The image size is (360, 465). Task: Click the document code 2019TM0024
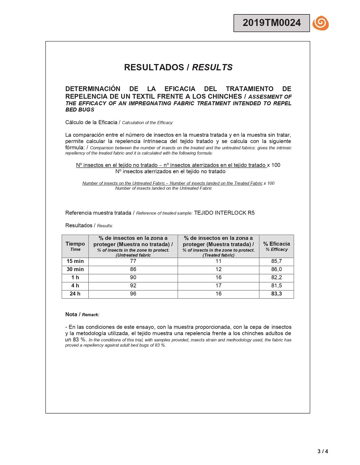pos(271,23)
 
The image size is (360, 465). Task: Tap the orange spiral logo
pos(320,23)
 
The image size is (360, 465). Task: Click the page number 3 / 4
pos(322,451)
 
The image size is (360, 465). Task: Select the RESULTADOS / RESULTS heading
pos(178,67)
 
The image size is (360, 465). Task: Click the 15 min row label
pos(75,261)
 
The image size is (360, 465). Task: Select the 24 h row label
pos(75,294)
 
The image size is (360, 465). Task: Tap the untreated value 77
pos(133,261)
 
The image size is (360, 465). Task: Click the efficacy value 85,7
pos(276,261)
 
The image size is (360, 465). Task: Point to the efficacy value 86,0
pos(276,269)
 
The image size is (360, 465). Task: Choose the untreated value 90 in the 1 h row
pos(133,278)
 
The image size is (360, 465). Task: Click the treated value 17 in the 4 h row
pos(218,286)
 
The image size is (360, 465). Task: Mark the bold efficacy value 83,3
pos(276,294)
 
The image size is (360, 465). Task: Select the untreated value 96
pos(133,294)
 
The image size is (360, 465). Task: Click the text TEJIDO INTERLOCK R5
pos(224,213)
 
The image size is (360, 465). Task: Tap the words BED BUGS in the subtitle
pos(80,110)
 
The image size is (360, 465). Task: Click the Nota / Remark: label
pos(82,315)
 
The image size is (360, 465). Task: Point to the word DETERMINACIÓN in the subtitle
pos(93,89)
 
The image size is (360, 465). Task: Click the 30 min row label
pos(75,269)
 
